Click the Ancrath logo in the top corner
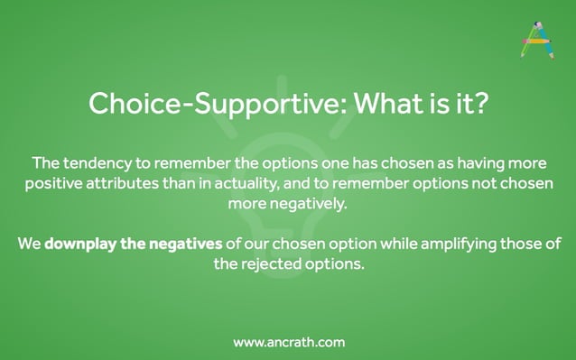(536, 40)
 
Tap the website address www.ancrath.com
(288, 342)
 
